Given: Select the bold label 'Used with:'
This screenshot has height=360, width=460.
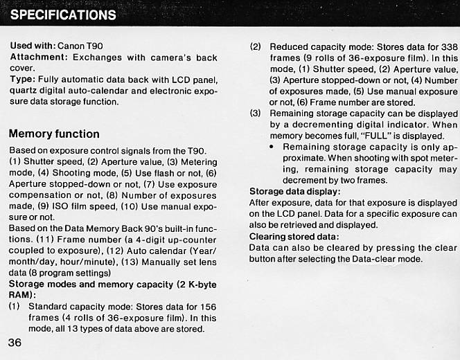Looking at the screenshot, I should (33, 45).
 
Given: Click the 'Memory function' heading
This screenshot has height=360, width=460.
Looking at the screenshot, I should (54, 134).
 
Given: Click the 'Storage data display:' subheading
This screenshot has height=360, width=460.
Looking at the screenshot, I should (294, 192).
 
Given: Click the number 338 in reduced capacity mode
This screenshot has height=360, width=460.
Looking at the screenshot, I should (448, 46).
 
